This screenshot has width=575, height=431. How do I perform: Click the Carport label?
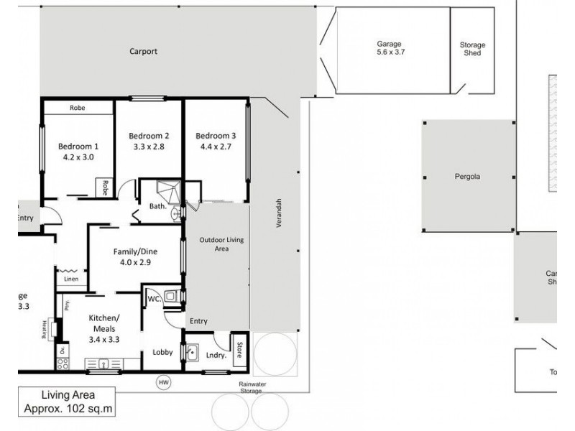[x=143, y=52]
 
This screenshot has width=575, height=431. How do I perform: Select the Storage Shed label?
[x=472, y=49]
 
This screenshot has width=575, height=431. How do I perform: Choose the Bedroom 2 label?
[x=149, y=136]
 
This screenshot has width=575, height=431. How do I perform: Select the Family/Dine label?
[x=135, y=252]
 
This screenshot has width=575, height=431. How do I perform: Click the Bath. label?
[x=157, y=206]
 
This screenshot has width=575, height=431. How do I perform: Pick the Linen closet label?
[x=70, y=279]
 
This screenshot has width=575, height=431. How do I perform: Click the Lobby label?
[x=162, y=352]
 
